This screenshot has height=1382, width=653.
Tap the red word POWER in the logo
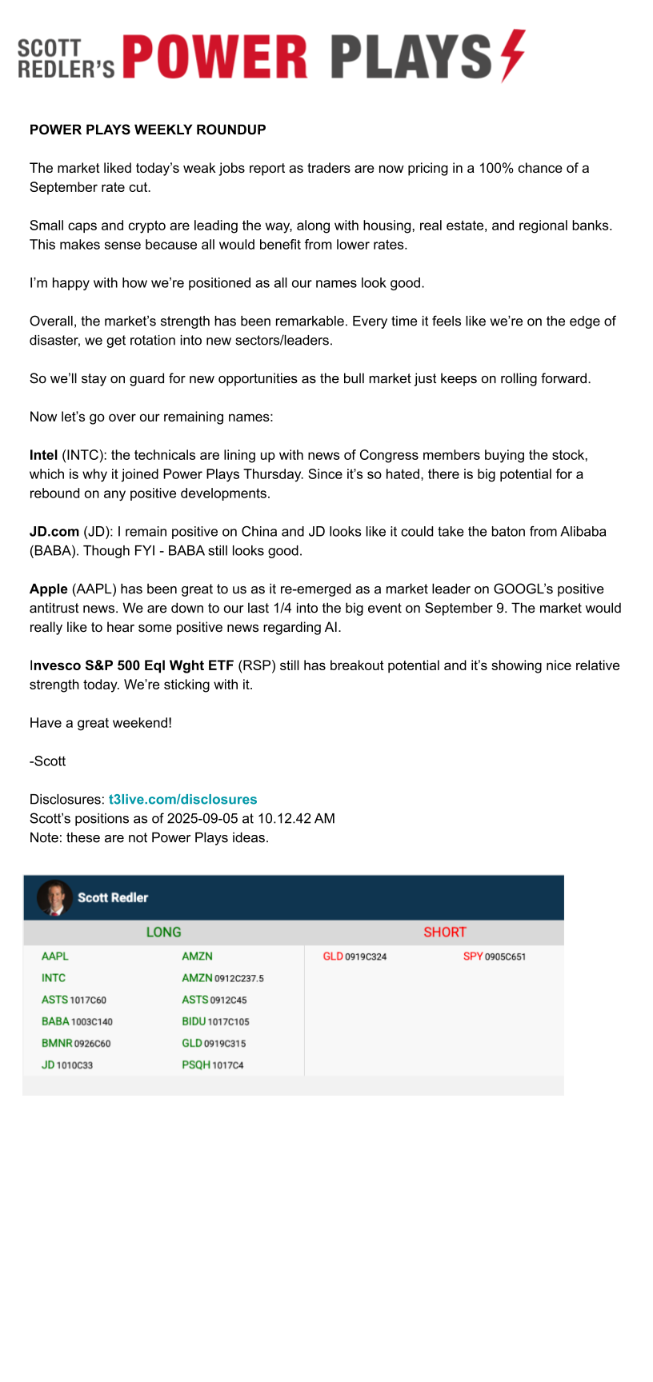[x=214, y=58]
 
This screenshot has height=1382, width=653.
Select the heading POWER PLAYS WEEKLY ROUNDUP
[x=148, y=130]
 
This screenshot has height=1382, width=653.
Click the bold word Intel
[x=43, y=455]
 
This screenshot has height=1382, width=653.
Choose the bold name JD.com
[x=54, y=532]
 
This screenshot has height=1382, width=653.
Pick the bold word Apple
[x=49, y=589]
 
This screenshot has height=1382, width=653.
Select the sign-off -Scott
[x=48, y=761]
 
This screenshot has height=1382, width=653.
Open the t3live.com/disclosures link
[x=183, y=800]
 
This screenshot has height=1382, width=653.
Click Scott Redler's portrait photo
[x=54, y=897]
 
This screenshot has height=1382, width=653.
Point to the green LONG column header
[x=163, y=933]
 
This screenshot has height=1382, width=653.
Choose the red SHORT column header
[x=445, y=933]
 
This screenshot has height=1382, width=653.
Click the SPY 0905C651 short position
[x=495, y=957]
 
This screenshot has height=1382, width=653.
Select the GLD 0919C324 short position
[x=355, y=957]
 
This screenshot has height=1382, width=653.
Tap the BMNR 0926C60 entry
[x=76, y=1044]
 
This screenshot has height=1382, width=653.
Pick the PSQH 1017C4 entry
[x=213, y=1065]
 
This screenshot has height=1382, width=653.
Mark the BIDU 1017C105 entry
[x=215, y=1022]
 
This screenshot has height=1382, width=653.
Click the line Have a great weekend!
[x=101, y=723]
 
